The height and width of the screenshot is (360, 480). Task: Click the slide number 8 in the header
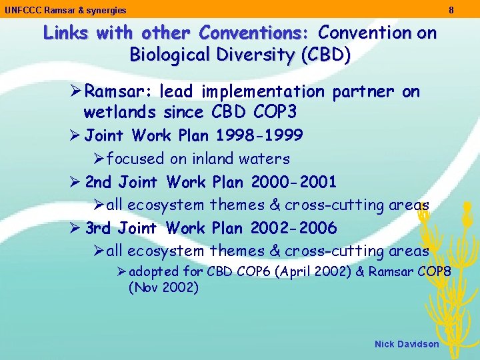coord(451,10)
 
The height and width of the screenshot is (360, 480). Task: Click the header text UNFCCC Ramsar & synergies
coord(65,11)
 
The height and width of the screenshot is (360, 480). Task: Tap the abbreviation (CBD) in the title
coord(325,55)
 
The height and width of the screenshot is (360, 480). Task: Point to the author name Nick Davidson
coord(407,344)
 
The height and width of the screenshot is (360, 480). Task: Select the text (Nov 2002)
coord(163,288)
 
